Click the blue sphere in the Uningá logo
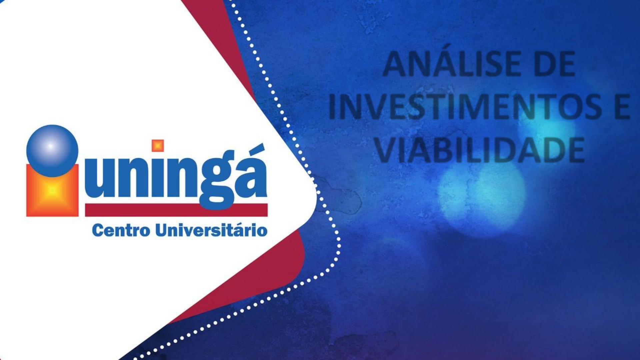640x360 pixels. point(52,151)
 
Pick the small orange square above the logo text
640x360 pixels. point(158,145)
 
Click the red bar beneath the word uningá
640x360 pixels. point(176,210)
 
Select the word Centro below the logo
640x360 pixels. point(121,230)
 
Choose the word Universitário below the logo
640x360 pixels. point(211,230)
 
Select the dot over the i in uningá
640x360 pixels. point(158,145)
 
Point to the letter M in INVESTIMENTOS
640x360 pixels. point(475,106)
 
